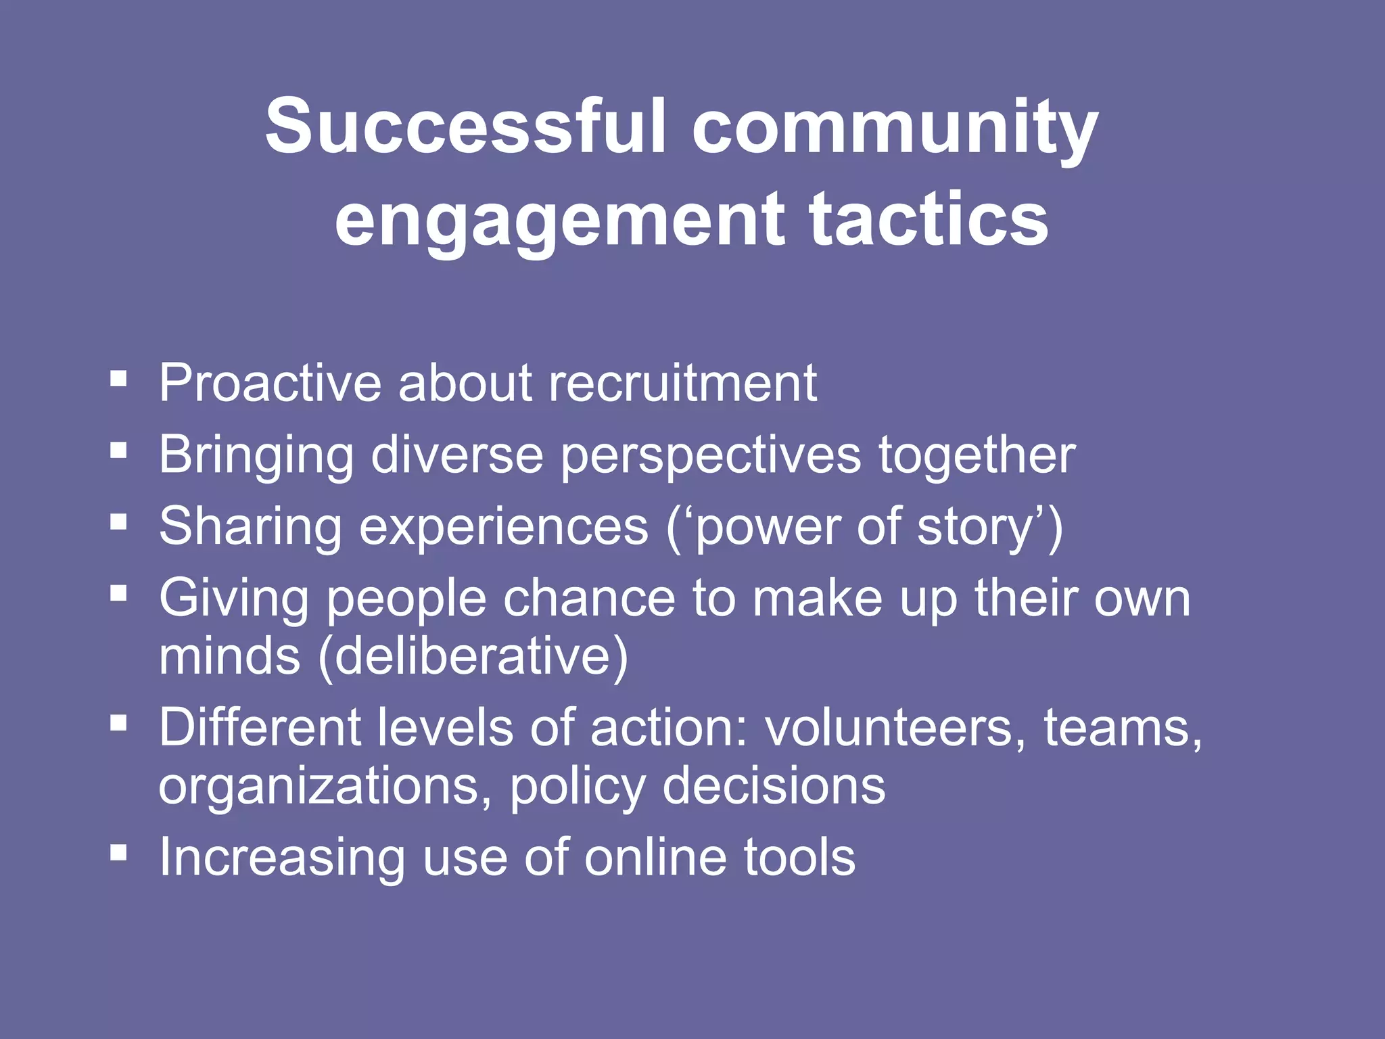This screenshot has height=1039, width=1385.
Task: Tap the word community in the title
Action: [x=895, y=129]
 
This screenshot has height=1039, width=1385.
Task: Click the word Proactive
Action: [x=271, y=383]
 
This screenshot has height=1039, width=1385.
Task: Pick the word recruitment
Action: [x=683, y=383]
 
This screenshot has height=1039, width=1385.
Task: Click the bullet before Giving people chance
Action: [x=118, y=594]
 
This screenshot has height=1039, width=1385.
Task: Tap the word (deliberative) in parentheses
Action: [x=473, y=656]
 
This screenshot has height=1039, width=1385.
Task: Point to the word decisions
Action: [x=774, y=787]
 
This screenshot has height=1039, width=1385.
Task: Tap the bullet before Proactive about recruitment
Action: [x=118, y=378]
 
